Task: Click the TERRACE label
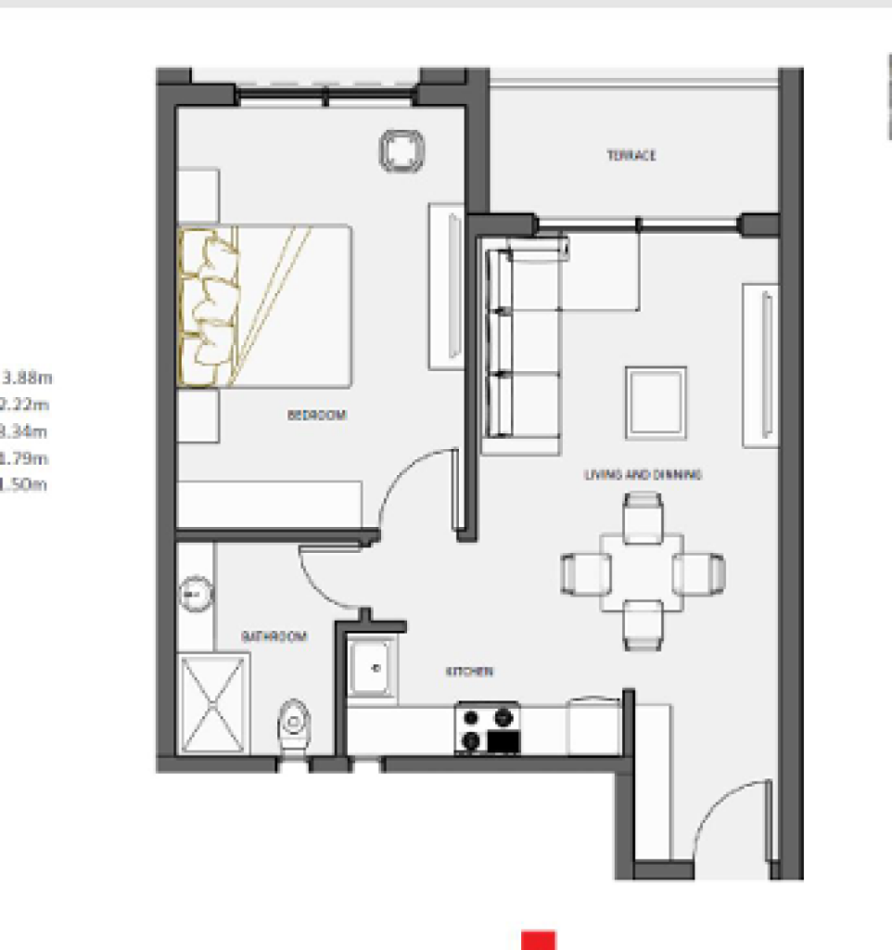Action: tap(631, 155)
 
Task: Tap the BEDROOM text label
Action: tap(317, 416)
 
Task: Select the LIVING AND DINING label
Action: tap(643, 474)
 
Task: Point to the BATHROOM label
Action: tap(274, 636)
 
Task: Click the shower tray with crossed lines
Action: tap(213, 704)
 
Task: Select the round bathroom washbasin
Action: tap(195, 590)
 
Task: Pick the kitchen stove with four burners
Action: tap(487, 728)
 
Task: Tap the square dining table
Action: tap(642, 571)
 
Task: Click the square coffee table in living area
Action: tap(656, 402)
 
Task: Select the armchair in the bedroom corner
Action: tap(401, 151)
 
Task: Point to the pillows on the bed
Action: tap(208, 307)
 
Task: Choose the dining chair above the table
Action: tap(643, 516)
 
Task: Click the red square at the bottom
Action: tap(538, 940)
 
